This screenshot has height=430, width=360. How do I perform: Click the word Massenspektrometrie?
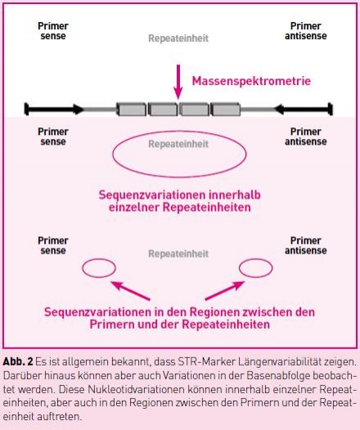pos(251,81)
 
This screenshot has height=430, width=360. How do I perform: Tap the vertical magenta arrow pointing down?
pos(178,82)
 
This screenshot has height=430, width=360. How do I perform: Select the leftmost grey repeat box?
pos(132,110)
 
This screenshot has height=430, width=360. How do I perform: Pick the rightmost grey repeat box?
pos(226,110)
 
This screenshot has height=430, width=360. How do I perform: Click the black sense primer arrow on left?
pos(54,110)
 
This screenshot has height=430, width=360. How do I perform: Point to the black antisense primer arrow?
pos(304,110)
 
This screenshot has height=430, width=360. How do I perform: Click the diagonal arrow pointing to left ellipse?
pos(131,291)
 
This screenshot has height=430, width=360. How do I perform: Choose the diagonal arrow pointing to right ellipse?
pos(225,291)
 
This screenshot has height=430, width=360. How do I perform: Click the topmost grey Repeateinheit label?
pos(178,38)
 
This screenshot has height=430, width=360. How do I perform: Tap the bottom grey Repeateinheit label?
pos(178,253)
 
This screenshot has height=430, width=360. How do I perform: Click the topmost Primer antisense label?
pos(306,31)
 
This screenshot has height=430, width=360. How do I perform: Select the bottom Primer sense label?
pos(53,246)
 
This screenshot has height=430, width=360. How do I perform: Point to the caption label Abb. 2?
pos(18,361)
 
